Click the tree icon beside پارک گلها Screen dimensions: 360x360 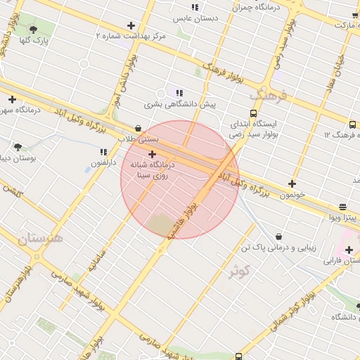pos(33,29)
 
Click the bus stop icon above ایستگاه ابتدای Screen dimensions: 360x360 pos(253,112)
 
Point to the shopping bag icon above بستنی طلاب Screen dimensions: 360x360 pos(138,128)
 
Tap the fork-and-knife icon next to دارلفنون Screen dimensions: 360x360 pos(104,151)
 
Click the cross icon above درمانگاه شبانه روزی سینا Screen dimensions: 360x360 pos(152,153)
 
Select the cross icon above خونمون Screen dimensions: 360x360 pos(292,184)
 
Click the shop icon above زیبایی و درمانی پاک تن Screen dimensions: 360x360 pos(280,236)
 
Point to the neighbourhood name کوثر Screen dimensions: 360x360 pos(240,271)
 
